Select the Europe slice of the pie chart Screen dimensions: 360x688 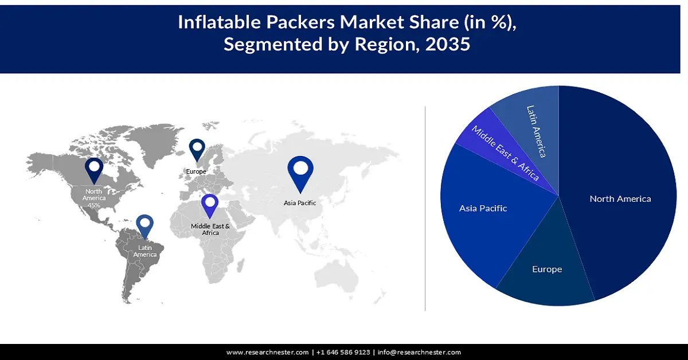[x=546, y=269]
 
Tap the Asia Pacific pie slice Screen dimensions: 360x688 [x=483, y=208]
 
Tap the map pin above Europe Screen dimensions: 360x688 [x=197, y=151]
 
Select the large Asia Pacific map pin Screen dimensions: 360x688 [x=300, y=172]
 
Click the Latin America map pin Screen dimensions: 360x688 [x=144, y=226]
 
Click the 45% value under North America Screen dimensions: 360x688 [x=93, y=205]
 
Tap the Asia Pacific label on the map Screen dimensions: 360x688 [x=300, y=203]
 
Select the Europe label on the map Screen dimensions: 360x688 [x=196, y=171]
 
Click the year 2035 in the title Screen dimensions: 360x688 [x=447, y=45]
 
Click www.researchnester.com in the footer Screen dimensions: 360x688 [x=268, y=352]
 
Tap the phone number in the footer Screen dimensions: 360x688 [x=343, y=352]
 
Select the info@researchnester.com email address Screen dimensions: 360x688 [x=419, y=352]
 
